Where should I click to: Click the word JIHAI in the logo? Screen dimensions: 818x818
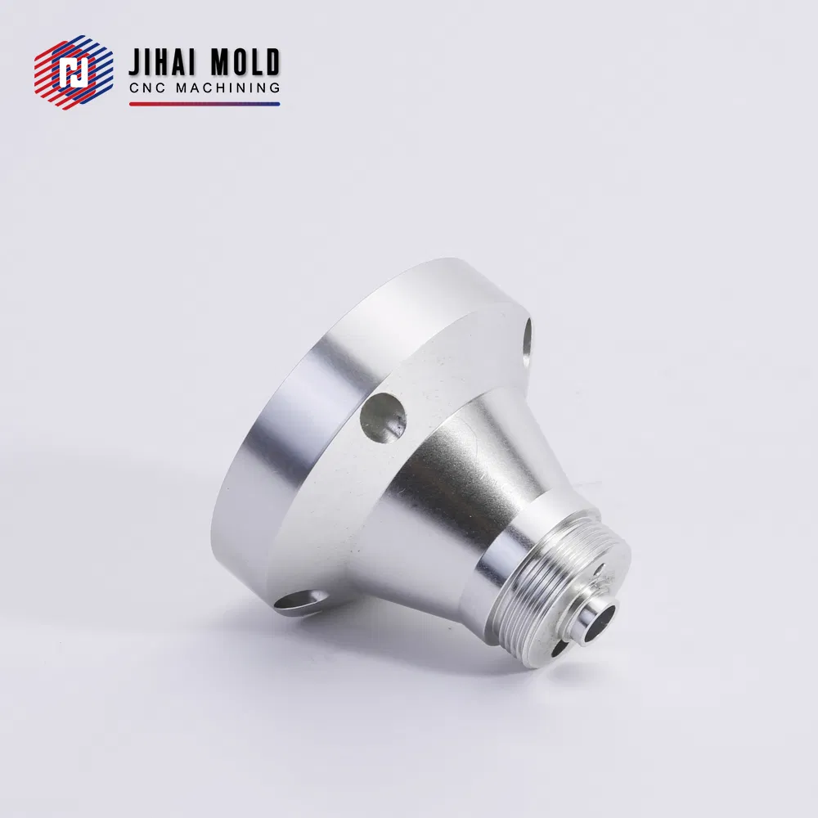160,63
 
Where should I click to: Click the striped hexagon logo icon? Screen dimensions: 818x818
74,72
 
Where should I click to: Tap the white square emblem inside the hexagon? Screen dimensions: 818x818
74,72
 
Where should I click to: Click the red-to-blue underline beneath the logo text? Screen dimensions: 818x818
204,104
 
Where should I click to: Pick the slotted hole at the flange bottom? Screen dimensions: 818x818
300,599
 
